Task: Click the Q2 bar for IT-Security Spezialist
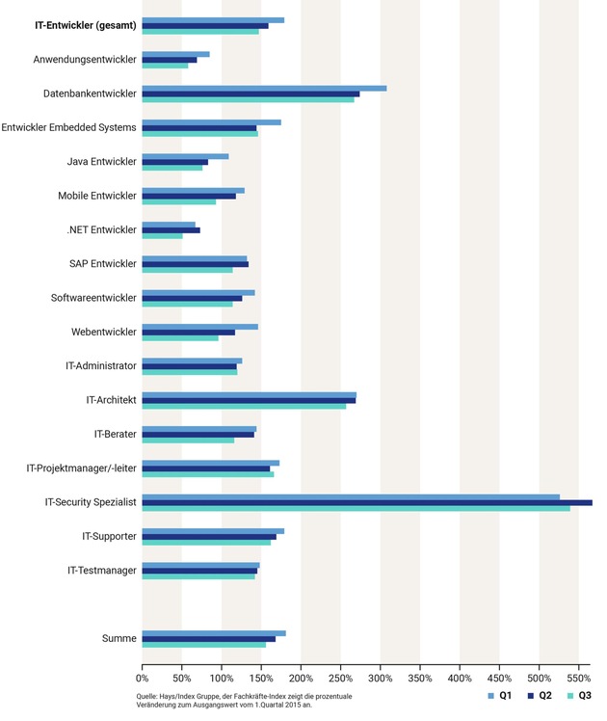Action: (x=367, y=502)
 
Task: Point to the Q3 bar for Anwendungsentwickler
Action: (x=165, y=66)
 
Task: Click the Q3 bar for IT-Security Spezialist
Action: (x=356, y=508)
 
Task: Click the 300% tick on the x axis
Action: (x=381, y=665)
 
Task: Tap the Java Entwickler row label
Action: (x=102, y=162)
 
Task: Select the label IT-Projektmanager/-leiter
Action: (x=82, y=468)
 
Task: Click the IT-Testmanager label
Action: (x=102, y=571)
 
